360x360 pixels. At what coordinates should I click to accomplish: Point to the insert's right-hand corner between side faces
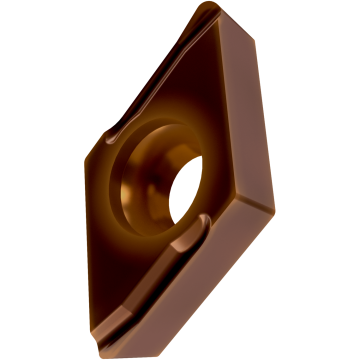273,207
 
